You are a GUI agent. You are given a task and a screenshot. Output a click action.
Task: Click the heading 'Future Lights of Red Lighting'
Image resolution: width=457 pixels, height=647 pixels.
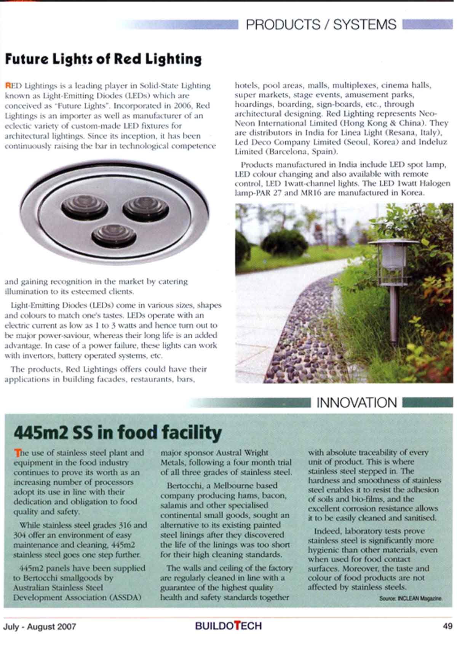click(x=103, y=59)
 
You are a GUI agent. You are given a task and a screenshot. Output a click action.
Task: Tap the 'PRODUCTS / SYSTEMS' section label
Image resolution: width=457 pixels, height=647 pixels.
click(x=321, y=25)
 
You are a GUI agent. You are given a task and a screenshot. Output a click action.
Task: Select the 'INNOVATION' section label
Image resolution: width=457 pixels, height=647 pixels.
click(x=356, y=403)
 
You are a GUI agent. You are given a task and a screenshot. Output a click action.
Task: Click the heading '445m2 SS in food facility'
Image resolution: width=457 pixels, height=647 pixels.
click(x=117, y=432)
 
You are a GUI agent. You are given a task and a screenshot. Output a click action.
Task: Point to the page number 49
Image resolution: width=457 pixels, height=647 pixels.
click(x=447, y=626)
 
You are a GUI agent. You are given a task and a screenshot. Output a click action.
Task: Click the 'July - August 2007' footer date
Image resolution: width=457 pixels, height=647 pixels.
click(x=40, y=626)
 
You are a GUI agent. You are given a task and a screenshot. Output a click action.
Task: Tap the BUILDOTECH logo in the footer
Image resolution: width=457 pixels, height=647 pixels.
click(x=228, y=626)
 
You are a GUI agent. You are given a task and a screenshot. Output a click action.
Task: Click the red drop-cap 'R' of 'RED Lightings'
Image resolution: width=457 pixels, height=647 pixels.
click(x=7, y=85)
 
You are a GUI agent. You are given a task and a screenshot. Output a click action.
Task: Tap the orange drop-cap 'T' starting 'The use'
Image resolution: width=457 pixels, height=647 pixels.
click(x=16, y=453)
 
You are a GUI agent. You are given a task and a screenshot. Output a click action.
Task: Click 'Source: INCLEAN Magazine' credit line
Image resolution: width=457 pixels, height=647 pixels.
click(x=411, y=599)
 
